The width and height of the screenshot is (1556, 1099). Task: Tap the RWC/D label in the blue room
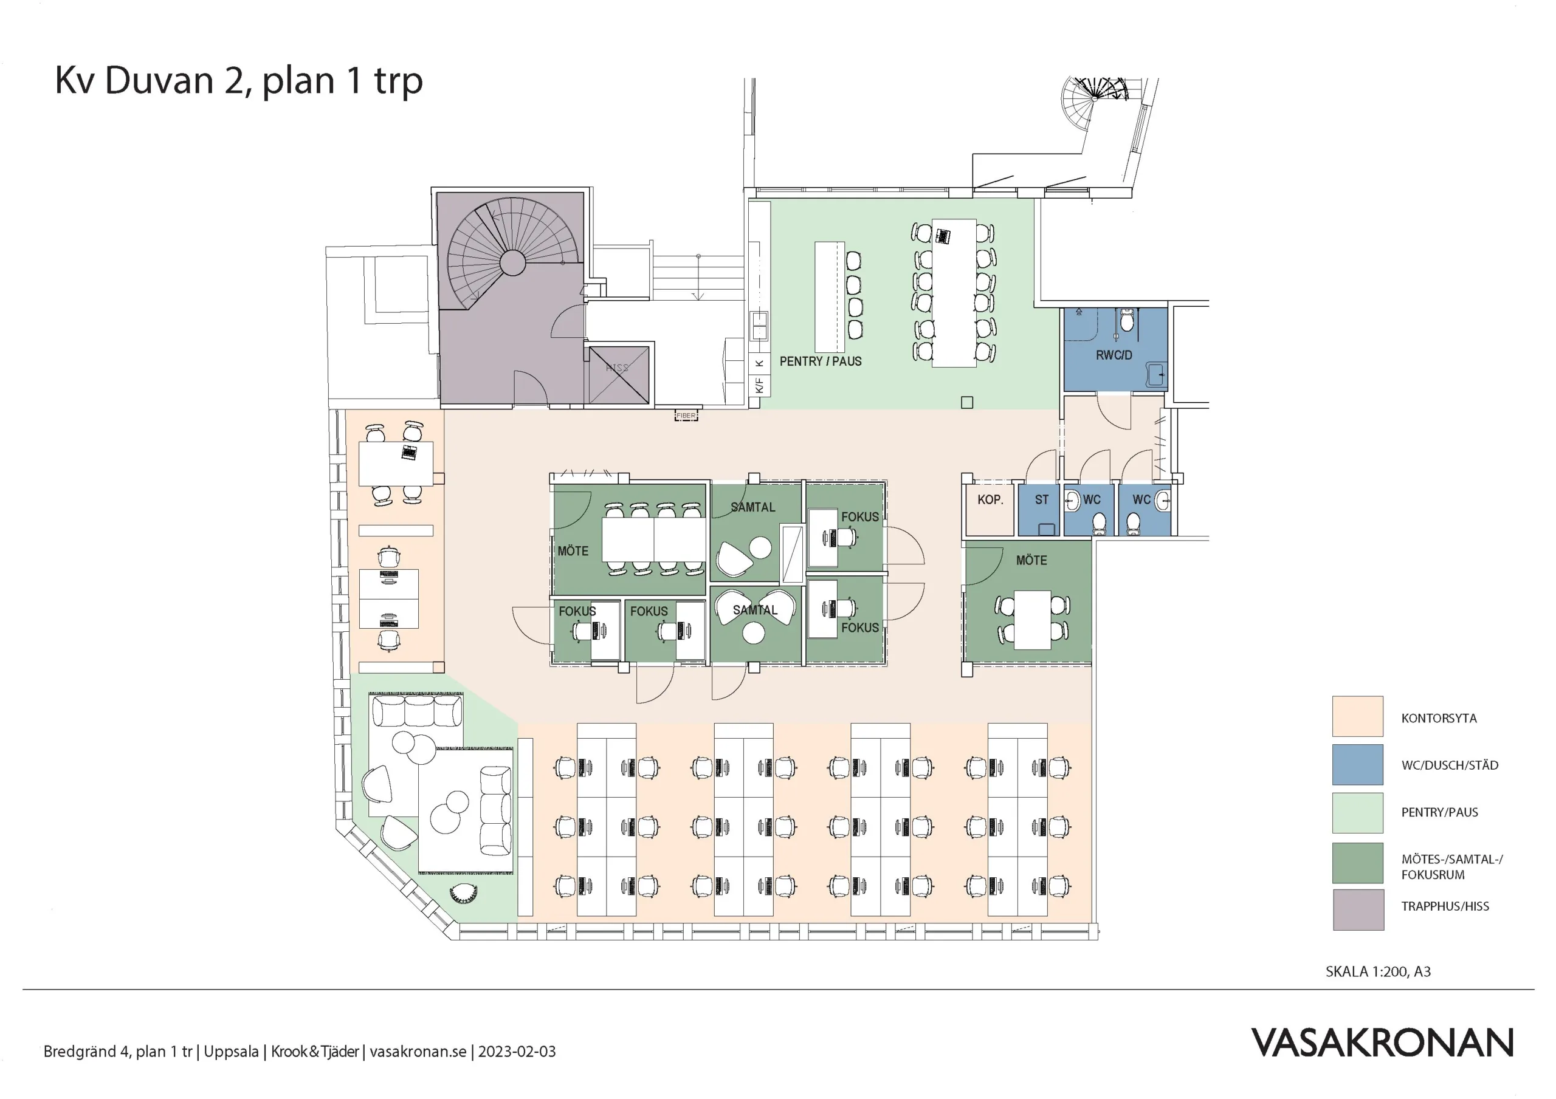(1114, 355)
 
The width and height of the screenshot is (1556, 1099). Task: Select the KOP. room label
(990, 500)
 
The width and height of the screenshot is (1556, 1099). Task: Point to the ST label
(1042, 500)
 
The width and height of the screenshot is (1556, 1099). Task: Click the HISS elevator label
(617, 368)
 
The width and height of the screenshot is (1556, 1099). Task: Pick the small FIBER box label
(686, 416)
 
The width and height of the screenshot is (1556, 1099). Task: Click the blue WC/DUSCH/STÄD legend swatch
(1357, 765)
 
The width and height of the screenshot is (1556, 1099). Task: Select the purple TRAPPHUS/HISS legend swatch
(1358, 909)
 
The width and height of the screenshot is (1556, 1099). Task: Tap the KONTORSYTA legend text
(1439, 718)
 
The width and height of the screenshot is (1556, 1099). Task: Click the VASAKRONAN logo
(1382, 1043)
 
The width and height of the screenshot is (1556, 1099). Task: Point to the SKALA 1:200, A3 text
(1378, 971)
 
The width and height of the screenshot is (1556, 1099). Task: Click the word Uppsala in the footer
(231, 1052)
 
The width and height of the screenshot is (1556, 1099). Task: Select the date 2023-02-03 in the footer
(517, 1052)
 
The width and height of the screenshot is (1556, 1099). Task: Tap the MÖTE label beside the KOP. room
(1031, 560)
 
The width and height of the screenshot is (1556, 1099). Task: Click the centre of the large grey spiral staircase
(512, 262)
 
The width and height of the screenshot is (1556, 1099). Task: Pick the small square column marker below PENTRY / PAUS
(967, 402)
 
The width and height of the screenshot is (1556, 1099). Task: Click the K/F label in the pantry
(759, 386)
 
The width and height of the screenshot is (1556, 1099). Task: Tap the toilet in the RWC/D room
(1126, 320)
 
